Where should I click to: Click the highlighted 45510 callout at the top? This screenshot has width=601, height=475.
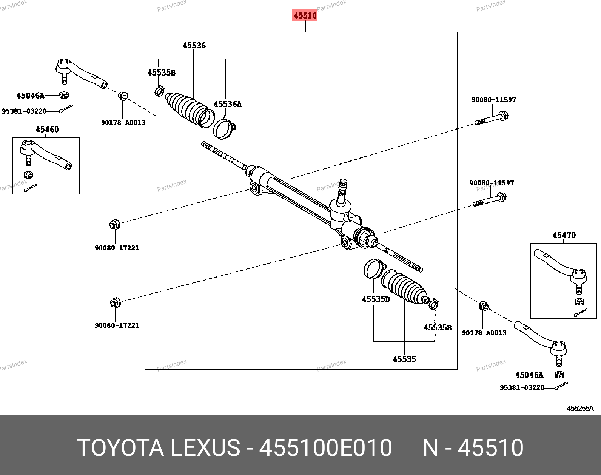pos(305,15)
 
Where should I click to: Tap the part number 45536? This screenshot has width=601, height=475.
pos(194,46)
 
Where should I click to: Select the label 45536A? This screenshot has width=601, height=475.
pos(228,104)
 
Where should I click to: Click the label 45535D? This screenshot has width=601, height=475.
pos(376,299)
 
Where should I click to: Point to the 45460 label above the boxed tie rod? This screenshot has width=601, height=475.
pos(47,130)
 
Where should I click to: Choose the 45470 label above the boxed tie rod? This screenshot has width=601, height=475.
pos(564,235)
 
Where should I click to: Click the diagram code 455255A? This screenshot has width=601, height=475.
pos(580,409)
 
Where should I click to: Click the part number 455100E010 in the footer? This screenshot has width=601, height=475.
pos(326,447)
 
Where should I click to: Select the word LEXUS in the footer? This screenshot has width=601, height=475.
pos(205,447)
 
